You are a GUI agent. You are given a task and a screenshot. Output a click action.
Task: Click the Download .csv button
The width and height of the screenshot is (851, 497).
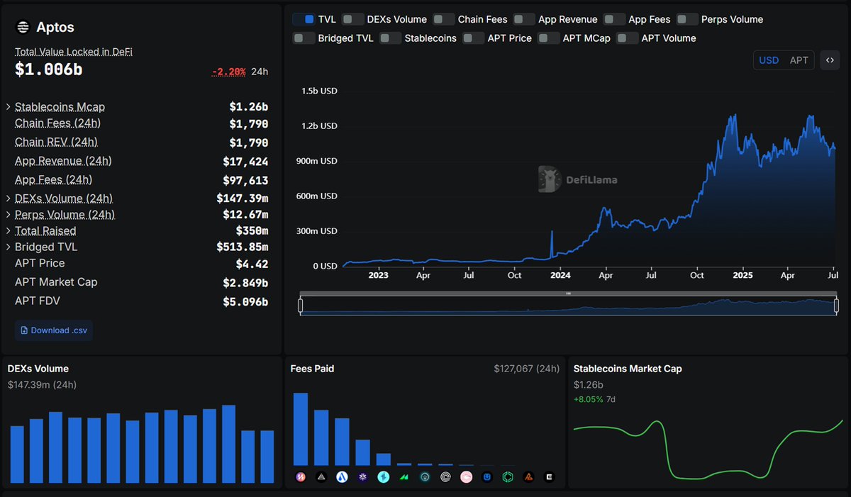[x=54, y=330]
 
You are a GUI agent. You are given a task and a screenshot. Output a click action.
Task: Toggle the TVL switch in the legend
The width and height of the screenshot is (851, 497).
[x=304, y=19]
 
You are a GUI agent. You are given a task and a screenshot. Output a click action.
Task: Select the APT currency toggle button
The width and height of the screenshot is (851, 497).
[x=799, y=60]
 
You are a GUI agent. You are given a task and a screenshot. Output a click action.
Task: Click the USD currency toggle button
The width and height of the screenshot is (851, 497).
[x=769, y=60]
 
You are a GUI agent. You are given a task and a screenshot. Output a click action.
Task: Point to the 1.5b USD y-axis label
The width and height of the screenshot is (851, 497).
[x=319, y=91]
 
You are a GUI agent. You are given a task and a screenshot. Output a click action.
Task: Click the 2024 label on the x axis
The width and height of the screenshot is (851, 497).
[x=560, y=275]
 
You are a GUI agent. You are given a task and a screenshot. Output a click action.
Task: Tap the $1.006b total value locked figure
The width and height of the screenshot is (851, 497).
[x=48, y=69]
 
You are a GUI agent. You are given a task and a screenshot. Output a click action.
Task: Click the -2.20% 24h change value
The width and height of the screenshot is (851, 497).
[x=228, y=72]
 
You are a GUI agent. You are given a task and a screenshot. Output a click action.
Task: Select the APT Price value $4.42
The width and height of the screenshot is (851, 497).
[x=252, y=264]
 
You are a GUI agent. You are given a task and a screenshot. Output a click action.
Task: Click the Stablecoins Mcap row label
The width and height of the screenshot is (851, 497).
[x=60, y=107]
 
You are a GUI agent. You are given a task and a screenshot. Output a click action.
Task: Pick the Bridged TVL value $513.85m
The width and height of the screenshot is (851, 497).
[x=242, y=247]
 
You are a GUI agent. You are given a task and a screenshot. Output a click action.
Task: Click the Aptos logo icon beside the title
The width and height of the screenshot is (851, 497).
[x=23, y=28]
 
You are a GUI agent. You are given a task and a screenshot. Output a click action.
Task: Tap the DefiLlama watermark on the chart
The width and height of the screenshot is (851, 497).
[x=577, y=179]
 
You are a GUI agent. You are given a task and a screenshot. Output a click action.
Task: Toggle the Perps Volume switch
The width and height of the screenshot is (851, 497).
[x=687, y=19]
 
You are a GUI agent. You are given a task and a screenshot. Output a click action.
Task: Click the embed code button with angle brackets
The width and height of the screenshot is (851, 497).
[x=830, y=60]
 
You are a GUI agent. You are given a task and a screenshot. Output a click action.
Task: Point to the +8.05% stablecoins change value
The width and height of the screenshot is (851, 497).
[x=588, y=399]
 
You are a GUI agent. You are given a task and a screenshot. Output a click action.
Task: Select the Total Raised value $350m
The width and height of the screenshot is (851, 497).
[x=252, y=230]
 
